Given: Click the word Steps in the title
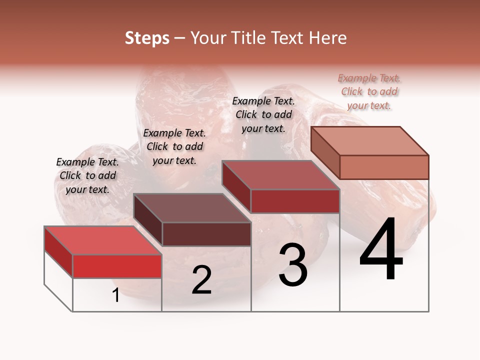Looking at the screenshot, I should tap(147, 38).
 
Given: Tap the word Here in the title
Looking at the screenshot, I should tap(327, 38).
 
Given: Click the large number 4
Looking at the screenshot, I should tap(381, 250).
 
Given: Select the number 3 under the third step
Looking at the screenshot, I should tap(292, 265).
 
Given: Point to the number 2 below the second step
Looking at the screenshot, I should tap(201, 280).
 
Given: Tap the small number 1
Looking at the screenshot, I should tap(116, 295).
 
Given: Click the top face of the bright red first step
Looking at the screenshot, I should tap(102, 240).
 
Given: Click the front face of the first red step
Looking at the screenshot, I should tap(117, 266).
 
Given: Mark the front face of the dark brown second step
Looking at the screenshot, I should tap(206, 234).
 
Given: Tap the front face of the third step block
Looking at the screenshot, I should tap(295, 201).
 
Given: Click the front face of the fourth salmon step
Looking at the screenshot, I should tap(384, 167).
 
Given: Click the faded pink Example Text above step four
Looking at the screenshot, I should tap(369, 91).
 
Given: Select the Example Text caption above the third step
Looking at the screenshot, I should tap(263, 114).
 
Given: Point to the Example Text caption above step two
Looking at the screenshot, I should tap(174, 146).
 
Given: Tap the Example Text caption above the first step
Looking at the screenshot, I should tap(87, 175).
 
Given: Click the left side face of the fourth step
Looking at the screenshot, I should tap(325, 152).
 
